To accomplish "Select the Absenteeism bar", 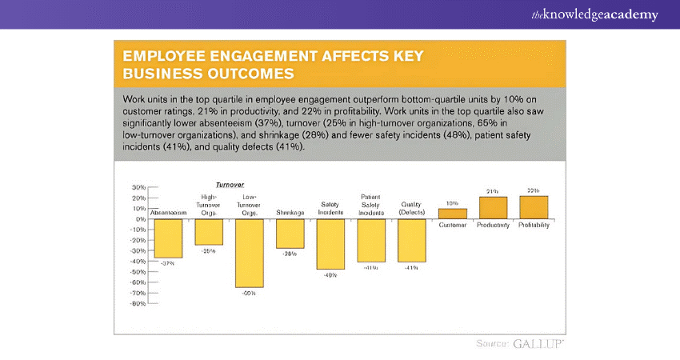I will [168, 238].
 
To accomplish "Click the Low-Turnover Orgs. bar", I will [249, 252].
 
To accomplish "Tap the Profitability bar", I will [534, 207].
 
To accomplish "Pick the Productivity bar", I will [493, 208].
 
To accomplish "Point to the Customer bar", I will [452, 214].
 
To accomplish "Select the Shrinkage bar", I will [290, 234].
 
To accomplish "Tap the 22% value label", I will [534, 190].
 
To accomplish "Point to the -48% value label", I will [330, 276].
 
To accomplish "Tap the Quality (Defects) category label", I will [411, 208].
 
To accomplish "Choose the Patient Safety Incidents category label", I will [370, 205].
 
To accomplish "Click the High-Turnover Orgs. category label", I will [209, 205].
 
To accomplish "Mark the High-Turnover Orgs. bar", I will [209, 232].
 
